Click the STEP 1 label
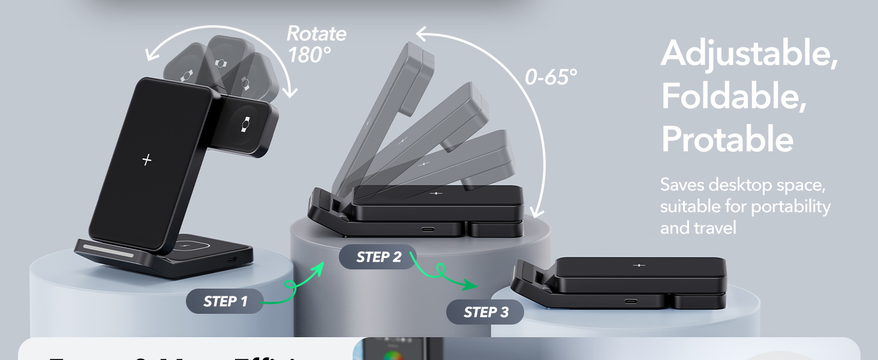coord(225,301)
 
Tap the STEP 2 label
coord(378,257)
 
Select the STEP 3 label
coord(485,312)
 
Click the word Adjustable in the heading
coord(749,54)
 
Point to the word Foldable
coord(733,96)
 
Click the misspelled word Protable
coord(727,140)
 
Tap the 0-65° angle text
coord(551,77)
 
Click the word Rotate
coord(316,33)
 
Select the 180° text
coord(309,55)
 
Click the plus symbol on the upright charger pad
coord(147,160)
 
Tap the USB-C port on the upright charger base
coord(231,260)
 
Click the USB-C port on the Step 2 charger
coord(429,229)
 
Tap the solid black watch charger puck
coord(245,125)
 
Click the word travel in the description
coord(715,228)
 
